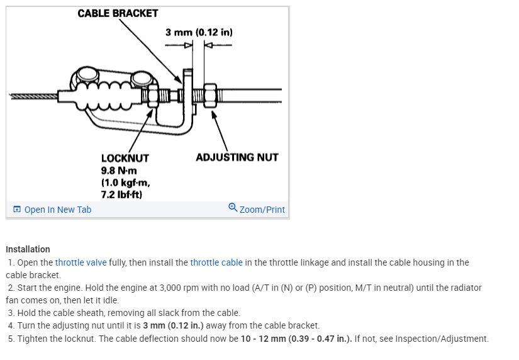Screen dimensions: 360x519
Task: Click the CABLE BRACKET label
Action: (118, 13)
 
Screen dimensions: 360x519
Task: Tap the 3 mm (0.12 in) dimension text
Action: (199, 31)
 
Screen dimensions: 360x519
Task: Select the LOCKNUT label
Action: (125, 158)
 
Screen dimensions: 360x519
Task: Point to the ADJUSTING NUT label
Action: (237, 157)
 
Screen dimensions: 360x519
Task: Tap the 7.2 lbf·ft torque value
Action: (122, 194)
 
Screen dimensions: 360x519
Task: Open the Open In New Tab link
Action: (57, 210)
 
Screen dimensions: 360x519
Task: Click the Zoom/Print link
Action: (262, 210)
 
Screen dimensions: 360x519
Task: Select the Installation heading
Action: (28, 249)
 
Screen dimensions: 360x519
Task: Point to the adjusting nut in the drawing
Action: (211, 96)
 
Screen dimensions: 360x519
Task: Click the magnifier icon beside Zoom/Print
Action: (233, 208)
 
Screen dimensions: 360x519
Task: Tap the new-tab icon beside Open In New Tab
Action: (17, 210)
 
